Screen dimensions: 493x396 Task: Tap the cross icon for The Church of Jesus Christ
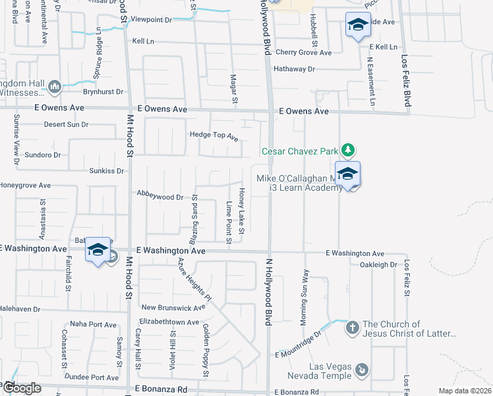tap(352, 327)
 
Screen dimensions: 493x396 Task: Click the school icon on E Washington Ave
tap(98, 250)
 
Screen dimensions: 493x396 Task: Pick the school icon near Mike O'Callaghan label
tap(347, 174)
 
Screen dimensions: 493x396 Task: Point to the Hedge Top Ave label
tap(214, 136)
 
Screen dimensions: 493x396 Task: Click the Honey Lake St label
tap(242, 210)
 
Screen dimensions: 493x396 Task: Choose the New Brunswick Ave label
tap(174, 308)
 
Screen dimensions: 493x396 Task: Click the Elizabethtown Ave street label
tap(169, 322)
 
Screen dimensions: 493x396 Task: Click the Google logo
tap(21, 388)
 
